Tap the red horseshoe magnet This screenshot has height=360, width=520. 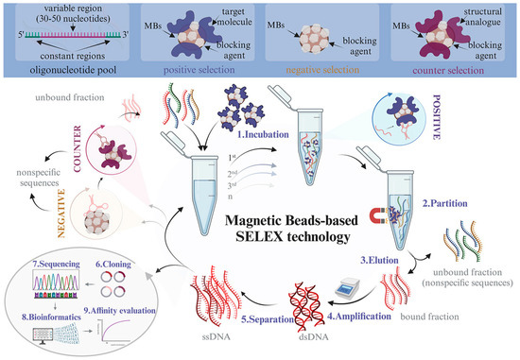[x=378, y=217]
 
